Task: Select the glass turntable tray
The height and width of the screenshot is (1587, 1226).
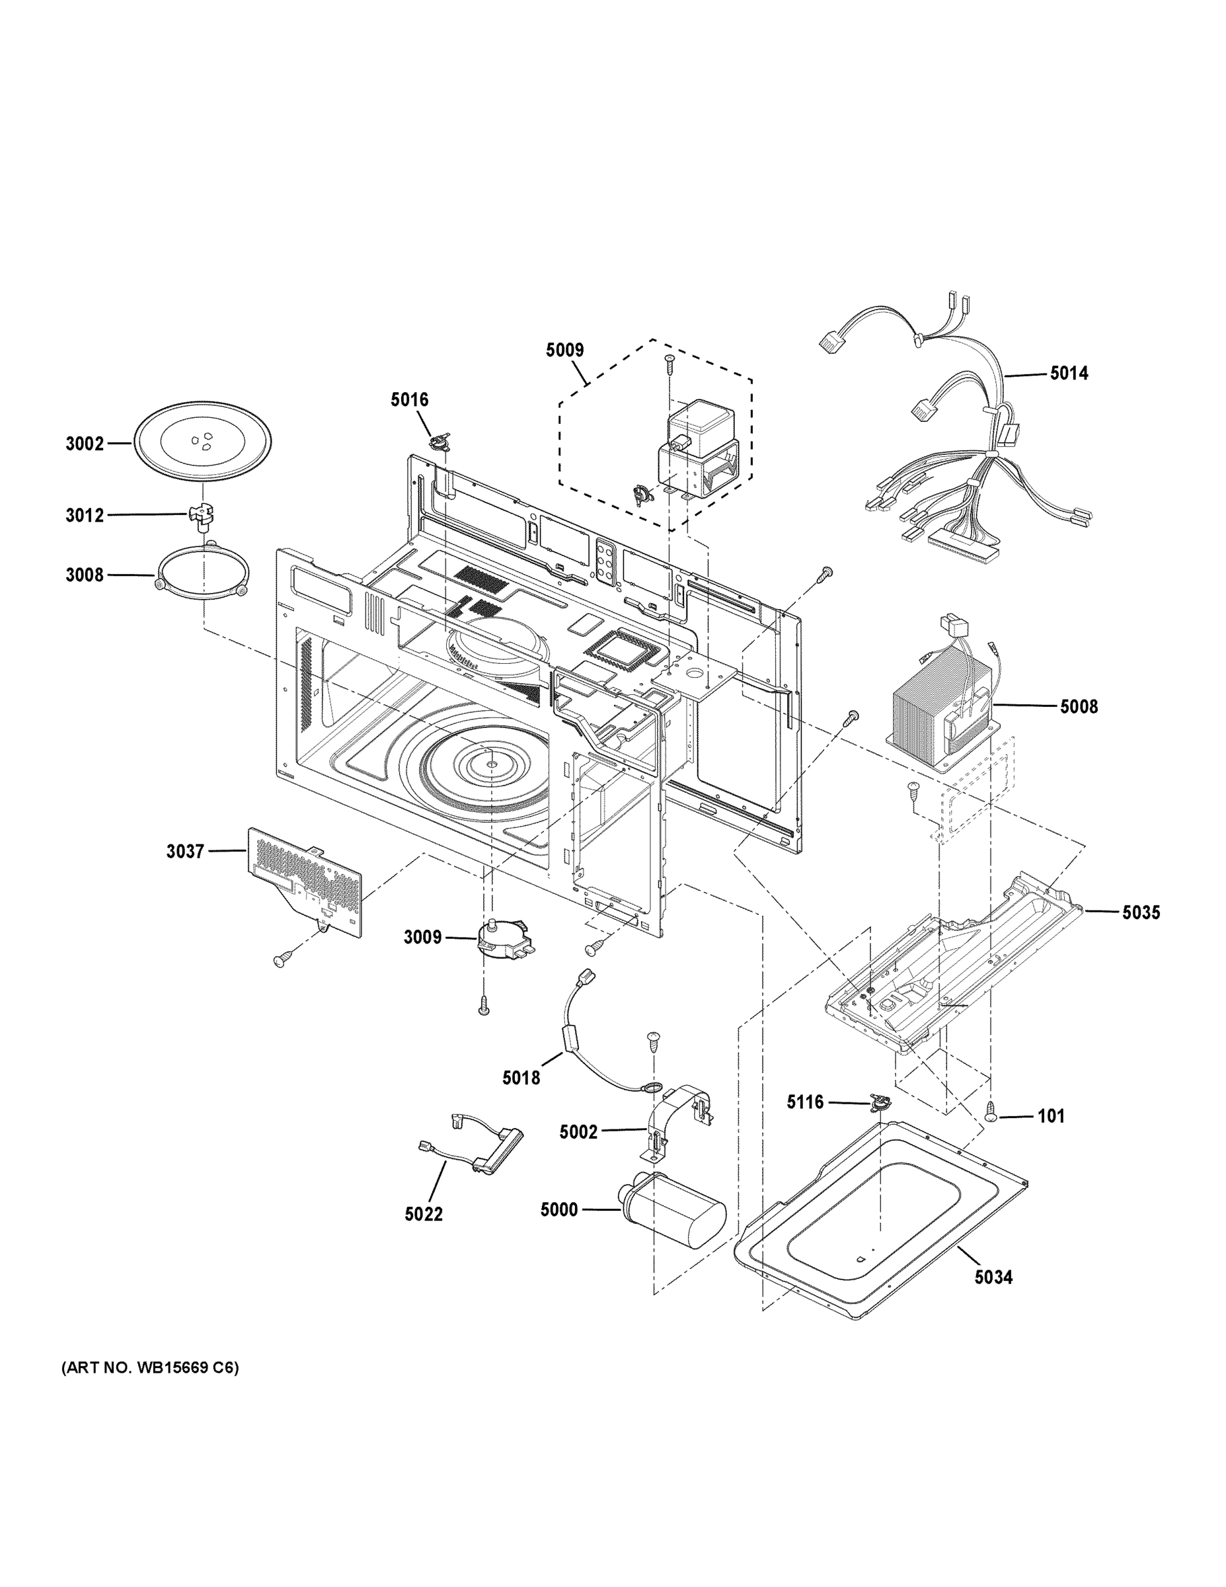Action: click(x=203, y=441)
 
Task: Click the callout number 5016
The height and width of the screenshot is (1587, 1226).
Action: click(x=410, y=399)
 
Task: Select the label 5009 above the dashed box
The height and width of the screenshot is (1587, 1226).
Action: click(x=565, y=350)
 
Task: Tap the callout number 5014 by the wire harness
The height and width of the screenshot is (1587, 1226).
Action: click(x=1069, y=374)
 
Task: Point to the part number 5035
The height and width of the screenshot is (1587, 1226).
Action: click(x=1141, y=913)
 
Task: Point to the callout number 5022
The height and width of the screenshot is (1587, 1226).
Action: click(x=424, y=1214)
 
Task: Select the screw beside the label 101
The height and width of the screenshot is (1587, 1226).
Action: click(x=991, y=1115)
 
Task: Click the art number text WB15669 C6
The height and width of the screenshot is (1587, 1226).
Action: click(x=149, y=1368)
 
